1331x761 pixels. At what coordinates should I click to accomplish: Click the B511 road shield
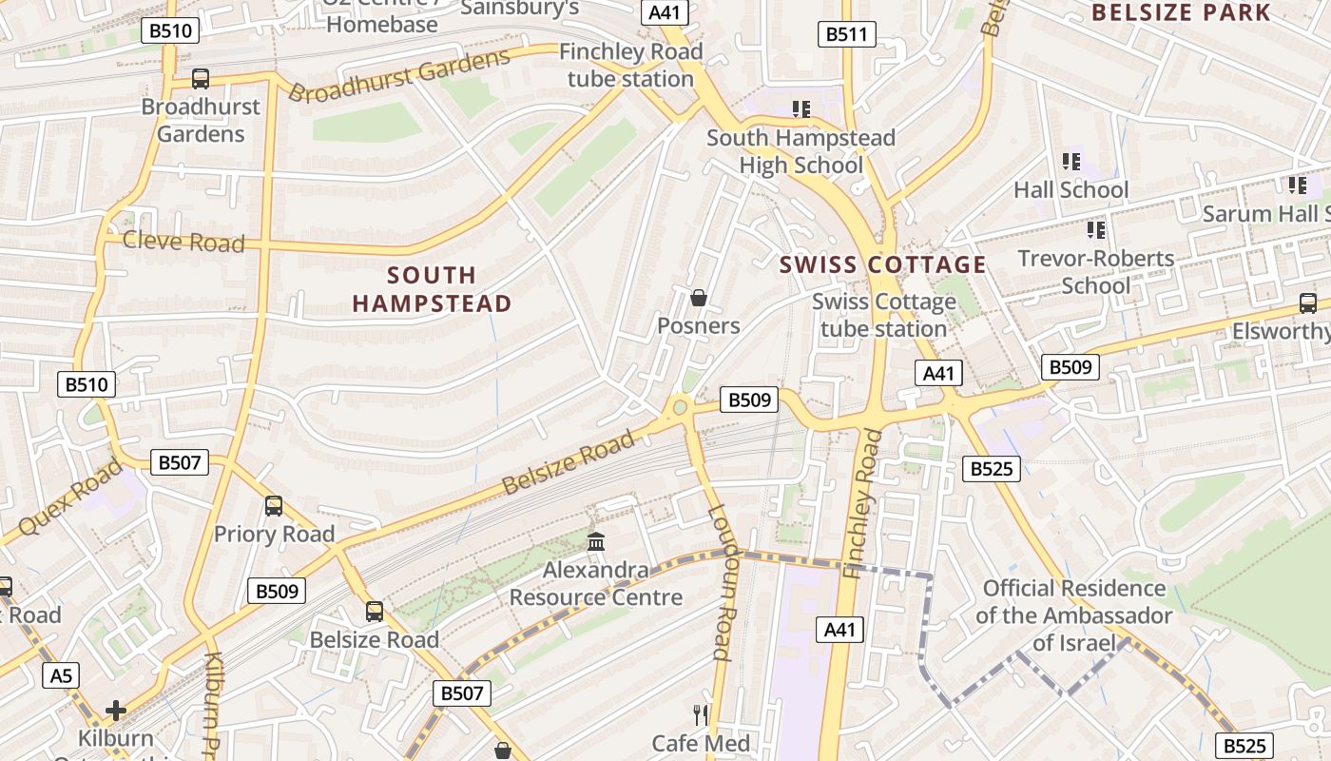tap(846, 35)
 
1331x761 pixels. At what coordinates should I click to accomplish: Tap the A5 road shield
tap(60, 676)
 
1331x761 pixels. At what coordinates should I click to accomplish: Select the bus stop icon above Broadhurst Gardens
tap(201, 79)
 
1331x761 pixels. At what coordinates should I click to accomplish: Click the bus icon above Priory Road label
tap(274, 506)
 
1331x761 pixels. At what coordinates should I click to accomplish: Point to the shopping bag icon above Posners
tap(699, 299)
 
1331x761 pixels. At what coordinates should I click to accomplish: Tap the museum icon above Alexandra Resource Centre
tap(596, 542)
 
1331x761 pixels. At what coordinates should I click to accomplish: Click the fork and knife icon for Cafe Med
tap(701, 714)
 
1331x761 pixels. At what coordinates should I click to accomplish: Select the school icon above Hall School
tap(1071, 162)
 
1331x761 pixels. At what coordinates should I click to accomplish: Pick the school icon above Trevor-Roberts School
tap(1096, 230)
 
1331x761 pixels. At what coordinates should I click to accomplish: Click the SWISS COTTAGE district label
tap(883, 265)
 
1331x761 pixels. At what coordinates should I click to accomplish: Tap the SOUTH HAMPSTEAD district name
tap(433, 290)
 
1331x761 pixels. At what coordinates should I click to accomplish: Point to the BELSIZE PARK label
tap(1181, 12)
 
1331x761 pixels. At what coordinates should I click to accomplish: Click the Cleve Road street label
tap(183, 242)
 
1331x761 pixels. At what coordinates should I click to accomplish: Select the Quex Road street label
tap(70, 496)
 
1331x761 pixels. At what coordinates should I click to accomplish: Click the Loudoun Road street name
tap(723, 582)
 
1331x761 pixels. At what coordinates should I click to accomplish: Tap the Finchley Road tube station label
tap(631, 66)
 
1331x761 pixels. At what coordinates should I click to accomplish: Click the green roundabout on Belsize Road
tap(680, 408)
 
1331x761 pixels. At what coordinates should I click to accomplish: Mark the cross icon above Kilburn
tap(116, 711)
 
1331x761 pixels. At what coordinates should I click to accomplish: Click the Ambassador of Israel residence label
tap(1074, 615)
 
